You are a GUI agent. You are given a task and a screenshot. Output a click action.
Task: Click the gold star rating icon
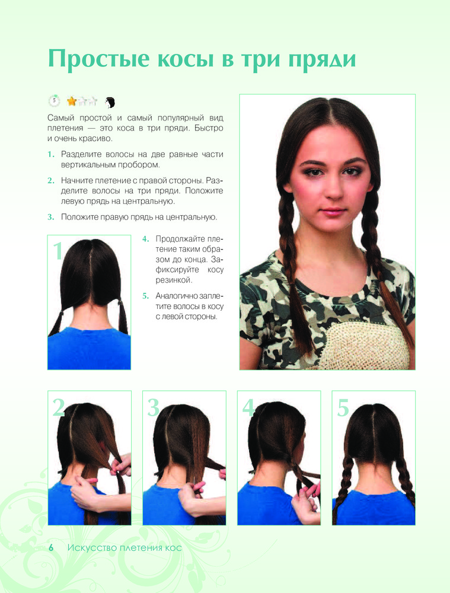pyautogui.click(x=72, y=101)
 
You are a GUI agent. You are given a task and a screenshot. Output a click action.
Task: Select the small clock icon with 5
pyautogui.click(x=54, y=100)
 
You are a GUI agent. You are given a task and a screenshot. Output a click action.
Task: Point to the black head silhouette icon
pyautogui.click(x=110, y=102)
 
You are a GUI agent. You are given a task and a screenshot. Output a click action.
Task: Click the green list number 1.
pyautogui.click(x=50, y=154)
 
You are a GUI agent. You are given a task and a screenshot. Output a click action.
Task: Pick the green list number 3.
pyautogui.click(x=50, y=217)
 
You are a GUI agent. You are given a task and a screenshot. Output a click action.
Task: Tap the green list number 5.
pyautogui.click(x=146, y=296)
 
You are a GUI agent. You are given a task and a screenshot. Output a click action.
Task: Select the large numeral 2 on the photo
pyautogui.click(x=59, y=407)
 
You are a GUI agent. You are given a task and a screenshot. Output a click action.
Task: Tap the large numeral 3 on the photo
pyautogui.click(x=153, y=408)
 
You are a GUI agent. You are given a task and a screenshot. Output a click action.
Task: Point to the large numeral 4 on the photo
pyautogui.click(x=248, y=408)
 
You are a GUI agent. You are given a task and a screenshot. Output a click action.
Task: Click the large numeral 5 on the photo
pyautogui.click(x=343, y=408)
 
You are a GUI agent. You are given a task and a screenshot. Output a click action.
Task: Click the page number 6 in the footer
pyautogui.click(x=51, y=547)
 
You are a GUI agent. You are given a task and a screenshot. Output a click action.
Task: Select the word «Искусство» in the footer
pyautogui.click(x=91, y=548)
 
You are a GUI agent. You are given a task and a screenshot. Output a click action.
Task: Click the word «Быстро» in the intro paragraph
pyautogui.click(x=209, y=128)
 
